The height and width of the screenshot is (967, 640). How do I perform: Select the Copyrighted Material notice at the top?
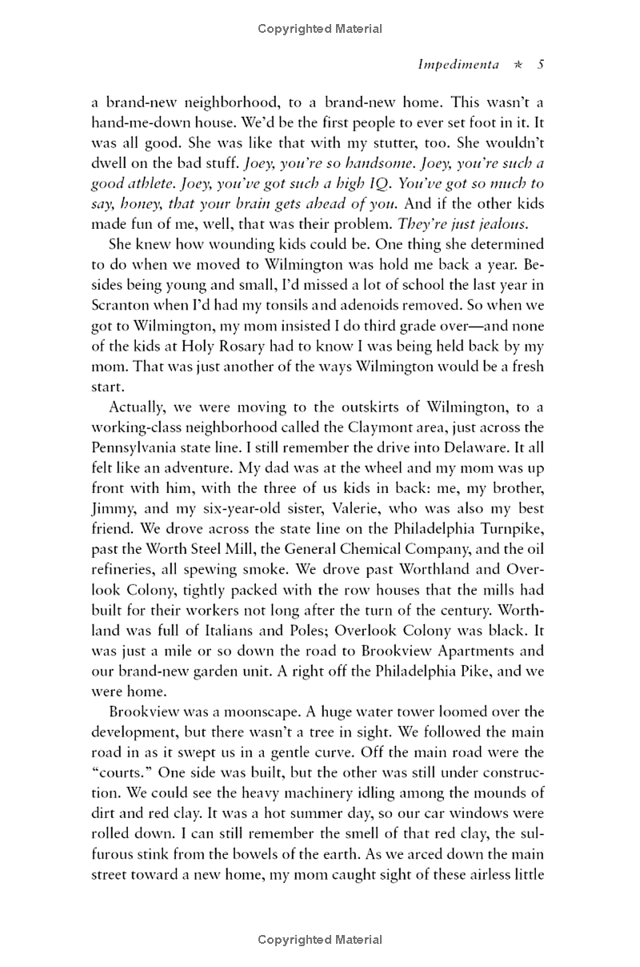[x=320, y=29]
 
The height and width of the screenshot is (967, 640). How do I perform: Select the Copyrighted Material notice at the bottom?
[x=320, y=940]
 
